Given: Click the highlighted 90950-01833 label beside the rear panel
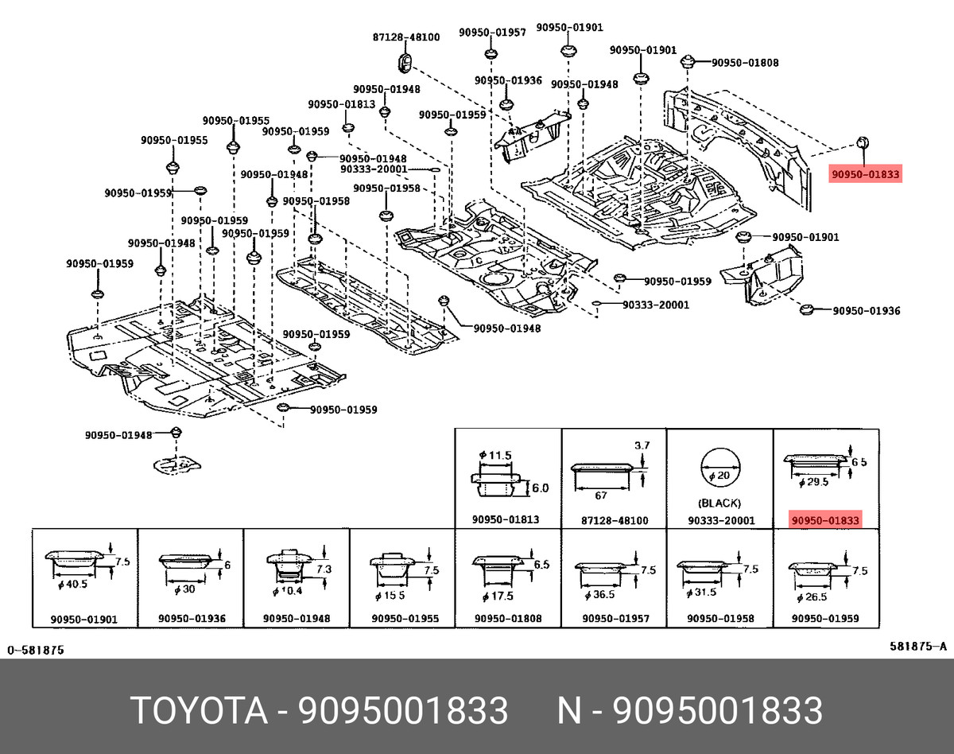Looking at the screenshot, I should pyautogui.click(x=866, y=174).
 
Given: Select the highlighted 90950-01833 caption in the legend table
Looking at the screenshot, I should pyautogui.click(x=825, y=520).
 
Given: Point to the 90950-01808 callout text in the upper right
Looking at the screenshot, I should pyautogui.click(x=744, y=63).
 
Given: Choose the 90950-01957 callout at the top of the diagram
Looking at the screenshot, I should pyautogui.click(x=491, y=33).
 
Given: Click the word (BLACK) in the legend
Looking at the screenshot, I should pyautogui.click(x=719, y=503).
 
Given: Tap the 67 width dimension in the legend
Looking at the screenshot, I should pyautogui.click(x=601, y=496).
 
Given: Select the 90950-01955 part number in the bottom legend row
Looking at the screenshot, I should pyautogui.click(x=404, y=619).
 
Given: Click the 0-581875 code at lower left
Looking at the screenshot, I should pyautogui.click(x=36, y=650).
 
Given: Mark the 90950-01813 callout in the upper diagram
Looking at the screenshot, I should pyautogui.click(x=342, y=105).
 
